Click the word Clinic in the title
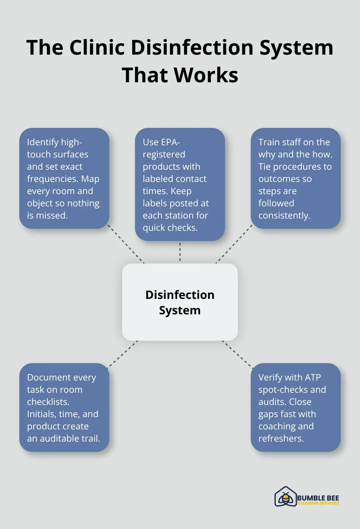(x=97, y=48)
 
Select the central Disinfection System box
(x=180, y=302)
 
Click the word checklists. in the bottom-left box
(x=48, y=402)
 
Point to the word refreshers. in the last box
(x=281, y=438)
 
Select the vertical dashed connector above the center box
(x=180, y=252)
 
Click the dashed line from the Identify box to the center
(x=126, y=244)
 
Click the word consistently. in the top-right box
(x=284, y=215)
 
